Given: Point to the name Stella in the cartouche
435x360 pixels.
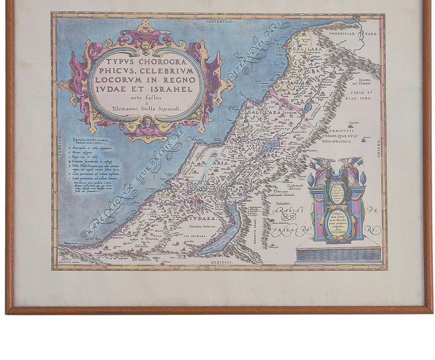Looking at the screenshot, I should point(149,110).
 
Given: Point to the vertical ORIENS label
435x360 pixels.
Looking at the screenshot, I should point(379,148).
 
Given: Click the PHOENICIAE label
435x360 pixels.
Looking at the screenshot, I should point(359,33).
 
